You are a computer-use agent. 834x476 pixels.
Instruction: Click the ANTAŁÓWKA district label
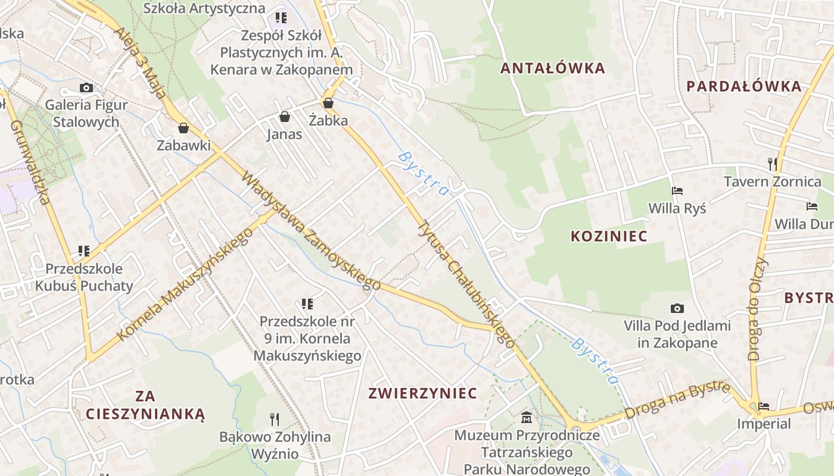tap(552, 68)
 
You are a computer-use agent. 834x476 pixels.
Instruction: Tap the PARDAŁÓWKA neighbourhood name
tap(743, 86)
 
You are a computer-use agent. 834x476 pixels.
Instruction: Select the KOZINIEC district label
tap(609, 236)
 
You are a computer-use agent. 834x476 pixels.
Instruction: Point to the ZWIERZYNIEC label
tap(422, 393)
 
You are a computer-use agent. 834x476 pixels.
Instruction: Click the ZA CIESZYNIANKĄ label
tap(145, 405)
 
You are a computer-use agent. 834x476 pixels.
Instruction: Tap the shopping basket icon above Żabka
tap(328, 103)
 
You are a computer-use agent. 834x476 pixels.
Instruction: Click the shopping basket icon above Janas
tap(285, 116)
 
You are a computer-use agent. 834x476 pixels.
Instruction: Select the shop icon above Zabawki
tap(183, 127)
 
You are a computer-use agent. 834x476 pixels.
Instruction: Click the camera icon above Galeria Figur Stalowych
tap(86, 88)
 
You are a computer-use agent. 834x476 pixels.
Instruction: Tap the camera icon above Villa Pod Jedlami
tap(677, 308)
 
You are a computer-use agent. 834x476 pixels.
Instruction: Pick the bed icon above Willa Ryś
tap(677, 191)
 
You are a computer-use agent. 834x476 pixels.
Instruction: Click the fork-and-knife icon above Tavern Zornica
tap(772, 164)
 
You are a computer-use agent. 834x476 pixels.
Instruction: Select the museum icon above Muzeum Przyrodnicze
tap(526, 417)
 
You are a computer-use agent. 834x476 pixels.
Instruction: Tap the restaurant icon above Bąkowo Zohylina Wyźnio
tap(274, 419)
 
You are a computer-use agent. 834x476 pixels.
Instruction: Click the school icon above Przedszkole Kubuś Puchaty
tap(83, 250)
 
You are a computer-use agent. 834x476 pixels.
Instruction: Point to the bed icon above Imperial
tap(764, 406)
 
